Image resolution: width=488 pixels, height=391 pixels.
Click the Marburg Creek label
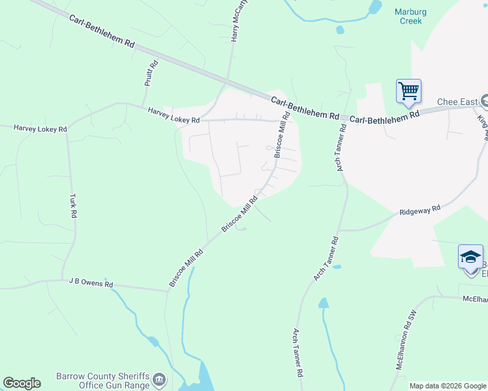point(411,16)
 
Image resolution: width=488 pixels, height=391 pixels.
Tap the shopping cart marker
point(408,91)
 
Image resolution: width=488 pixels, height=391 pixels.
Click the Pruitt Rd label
point(151,74)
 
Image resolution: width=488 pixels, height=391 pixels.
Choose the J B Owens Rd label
point(91,283)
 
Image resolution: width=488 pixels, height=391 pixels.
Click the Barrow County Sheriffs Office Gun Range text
point(103,381)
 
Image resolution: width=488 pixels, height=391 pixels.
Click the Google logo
point(22,383)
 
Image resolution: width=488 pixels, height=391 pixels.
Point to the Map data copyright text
point(448,386)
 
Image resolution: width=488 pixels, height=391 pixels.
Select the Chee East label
point(456,102)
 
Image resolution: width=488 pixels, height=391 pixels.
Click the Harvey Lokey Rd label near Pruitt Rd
point(173,115)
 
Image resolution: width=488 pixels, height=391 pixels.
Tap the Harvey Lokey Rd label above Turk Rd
point(40,129)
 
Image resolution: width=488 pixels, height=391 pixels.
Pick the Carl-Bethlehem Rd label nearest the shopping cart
point(384,117)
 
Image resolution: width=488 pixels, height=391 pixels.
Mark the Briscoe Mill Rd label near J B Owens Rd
point(182,267)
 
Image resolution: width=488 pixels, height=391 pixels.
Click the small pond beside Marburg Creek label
point(374,7)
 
